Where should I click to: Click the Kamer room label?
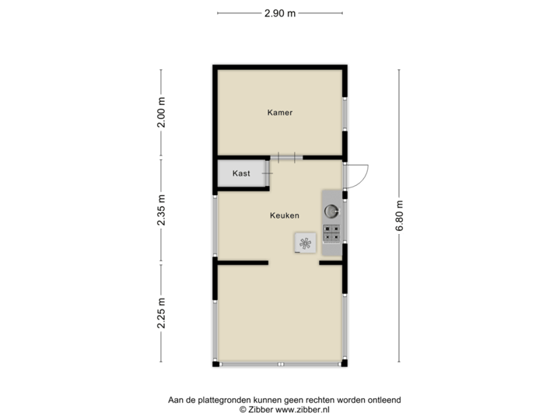tap(279, 113)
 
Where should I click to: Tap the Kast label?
tap(241, 173)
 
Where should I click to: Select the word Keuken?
tap(285, 215)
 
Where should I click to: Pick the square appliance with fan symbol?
tap(305, 243)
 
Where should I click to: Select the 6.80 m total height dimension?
tap(400, 216)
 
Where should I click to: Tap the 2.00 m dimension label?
tap(161, 114)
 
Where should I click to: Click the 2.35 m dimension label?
tap(161, 210)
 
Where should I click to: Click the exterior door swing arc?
tap(360, 178)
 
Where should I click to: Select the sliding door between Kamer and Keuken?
tap(286, 157)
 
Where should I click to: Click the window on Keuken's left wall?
tap(215, 225)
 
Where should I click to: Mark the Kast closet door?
tap(268, 173)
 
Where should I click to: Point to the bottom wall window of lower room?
tap(280, 363)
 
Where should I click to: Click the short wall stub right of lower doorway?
tap(331, 264)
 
